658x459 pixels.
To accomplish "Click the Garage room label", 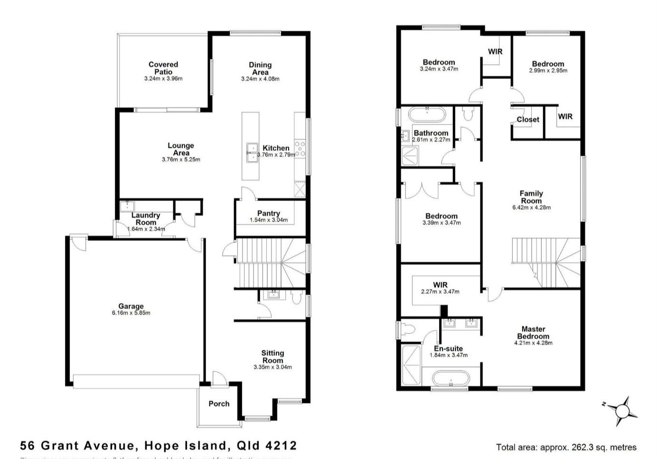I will pos(131,306).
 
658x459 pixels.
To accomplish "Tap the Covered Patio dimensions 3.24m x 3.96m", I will pos(163,78).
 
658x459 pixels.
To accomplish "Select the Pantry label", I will pos(268,213).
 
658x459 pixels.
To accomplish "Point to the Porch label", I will pos(219,403).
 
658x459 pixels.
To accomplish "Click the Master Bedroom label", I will pos(533,332).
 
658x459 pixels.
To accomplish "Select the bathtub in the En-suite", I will pos(450,380).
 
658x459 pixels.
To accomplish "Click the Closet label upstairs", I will pos(528,119).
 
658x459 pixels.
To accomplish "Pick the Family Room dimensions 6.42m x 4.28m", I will pos(531,207).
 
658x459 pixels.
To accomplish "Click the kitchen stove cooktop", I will pos(300,148).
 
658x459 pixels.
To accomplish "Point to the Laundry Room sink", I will pos(127,206).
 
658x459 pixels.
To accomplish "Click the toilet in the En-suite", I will pos(407,329).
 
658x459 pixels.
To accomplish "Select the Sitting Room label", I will pos(273,356).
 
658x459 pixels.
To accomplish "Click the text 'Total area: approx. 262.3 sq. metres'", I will pos(566,447).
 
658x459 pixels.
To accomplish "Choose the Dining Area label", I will pos(260,68).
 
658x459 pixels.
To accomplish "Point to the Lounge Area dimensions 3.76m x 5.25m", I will pos(181,160).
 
